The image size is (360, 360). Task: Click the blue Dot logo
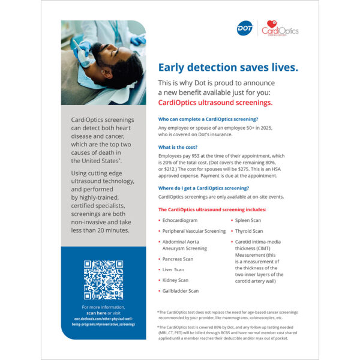(246, 29)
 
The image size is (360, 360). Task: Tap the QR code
(103, 279)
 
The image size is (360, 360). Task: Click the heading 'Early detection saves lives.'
(227, 67)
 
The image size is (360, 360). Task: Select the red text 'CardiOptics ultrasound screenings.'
(215, 103)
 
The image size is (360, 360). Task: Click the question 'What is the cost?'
(178, 147)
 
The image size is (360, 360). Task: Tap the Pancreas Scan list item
(178, 259)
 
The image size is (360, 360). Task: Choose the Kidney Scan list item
(175, 280)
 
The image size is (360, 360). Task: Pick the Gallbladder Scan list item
(181, 291)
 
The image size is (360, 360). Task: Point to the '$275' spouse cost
(253, 169)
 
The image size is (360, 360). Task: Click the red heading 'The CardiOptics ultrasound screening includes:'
(212, 210)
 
